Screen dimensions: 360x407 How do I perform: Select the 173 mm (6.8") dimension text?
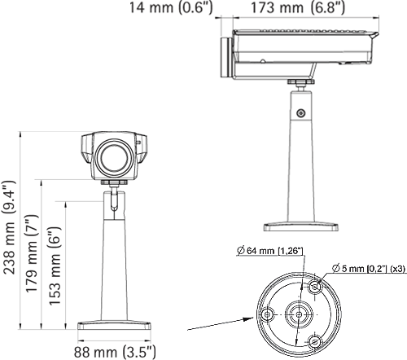(298, 9)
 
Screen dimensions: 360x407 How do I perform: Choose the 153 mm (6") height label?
(55, 263)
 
